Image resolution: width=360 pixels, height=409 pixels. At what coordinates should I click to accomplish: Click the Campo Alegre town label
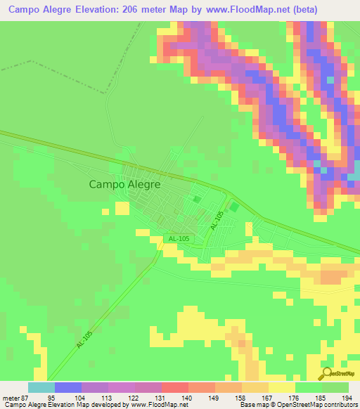[124, 184]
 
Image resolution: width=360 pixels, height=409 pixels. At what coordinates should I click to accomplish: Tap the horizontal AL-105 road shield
[179, 239]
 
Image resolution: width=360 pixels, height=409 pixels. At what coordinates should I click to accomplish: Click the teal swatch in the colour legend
[41, 387]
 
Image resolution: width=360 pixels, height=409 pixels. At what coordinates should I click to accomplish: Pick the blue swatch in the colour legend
[68, 387]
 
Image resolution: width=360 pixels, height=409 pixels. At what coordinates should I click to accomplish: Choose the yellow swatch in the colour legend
[281, 387]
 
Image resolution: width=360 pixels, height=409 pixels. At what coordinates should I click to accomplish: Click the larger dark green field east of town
[234, 208]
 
